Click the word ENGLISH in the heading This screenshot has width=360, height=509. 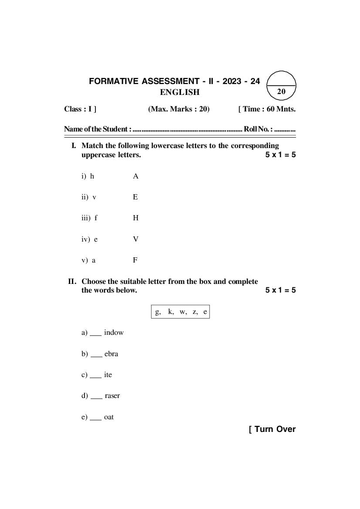coord(180,92)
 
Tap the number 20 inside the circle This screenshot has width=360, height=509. coord(281,91)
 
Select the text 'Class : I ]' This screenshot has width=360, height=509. coord(80,109)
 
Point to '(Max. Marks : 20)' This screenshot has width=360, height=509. coord(179,109)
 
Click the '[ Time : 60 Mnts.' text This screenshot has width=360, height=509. coord(267,109)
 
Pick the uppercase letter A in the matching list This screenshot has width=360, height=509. coord(136,176)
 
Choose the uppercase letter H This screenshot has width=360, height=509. coord(136,218)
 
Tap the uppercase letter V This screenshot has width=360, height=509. coord(136,239)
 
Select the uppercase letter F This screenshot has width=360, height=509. coord(135,260)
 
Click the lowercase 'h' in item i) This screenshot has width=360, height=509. coord(92,176)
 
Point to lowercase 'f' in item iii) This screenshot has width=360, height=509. coord(96,218)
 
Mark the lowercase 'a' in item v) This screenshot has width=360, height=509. coord(94,260)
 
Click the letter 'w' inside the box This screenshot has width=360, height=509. coord(183,312)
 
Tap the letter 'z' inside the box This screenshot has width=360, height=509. coord(195,312)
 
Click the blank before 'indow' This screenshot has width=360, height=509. coord(96,334)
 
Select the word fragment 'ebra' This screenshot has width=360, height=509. coord(111,354)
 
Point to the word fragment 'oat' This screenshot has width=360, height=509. coord(109,417)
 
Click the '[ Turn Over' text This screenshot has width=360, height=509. coord(272,429)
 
